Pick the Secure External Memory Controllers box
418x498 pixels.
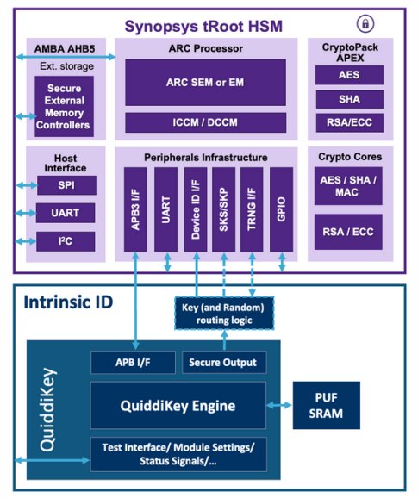[x=63, y=106]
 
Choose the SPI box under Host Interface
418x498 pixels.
[x=66, y=186]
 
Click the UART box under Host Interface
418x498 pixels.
[x=66, y=213]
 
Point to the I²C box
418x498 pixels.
[x=66, y=240]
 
